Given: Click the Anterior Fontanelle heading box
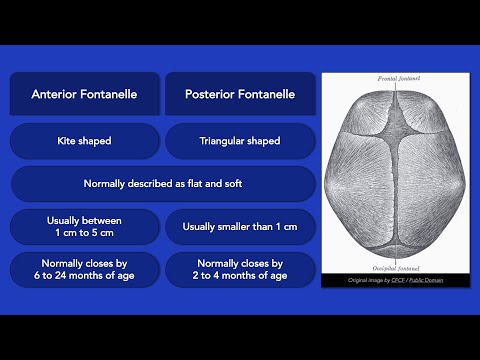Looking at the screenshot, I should [x=85, y=95].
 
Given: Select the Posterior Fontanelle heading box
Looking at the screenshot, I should [x=240, y=95].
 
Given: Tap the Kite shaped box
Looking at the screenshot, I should [x=85, y=141].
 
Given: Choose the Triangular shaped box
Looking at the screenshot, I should [x=240, y=141].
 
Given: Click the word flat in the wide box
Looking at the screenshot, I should [x=200, y=184].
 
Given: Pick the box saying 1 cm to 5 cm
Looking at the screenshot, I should [x=85, y=227].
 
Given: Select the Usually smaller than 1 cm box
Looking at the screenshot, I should [x=240, y=227].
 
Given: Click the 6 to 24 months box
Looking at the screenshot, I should [x=85, y=270].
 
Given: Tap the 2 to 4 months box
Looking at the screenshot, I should [x=240, y=270].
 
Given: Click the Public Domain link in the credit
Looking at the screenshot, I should [x=424, y=281].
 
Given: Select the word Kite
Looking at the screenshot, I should [x=68, y=141].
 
